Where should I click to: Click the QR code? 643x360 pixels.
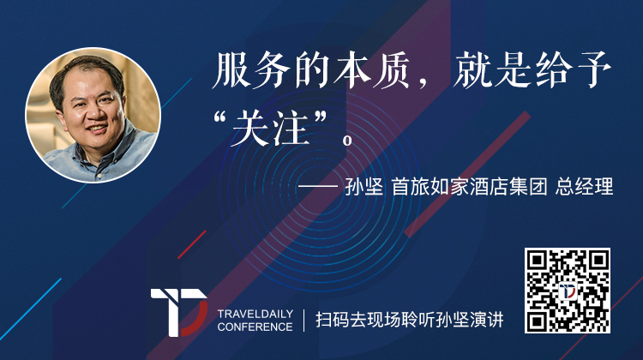coord(568,291)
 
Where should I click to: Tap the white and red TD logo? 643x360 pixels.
coord(179,312)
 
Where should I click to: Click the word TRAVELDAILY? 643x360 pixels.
coord(255,314)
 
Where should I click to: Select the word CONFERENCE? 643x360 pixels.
coord(255,327)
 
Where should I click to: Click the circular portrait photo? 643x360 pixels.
coord(93,115)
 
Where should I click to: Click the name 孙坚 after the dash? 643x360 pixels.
coord(364,187)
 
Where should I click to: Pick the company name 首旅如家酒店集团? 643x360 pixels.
coord(469,187)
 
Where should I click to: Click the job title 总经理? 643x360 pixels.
coord(585,187)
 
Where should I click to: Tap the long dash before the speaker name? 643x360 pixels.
coord(318,187)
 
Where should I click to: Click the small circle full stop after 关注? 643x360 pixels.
coord(347,141)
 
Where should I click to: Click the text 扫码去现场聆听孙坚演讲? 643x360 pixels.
coord(409,320)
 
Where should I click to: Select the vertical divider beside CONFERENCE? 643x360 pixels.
coord(303,321)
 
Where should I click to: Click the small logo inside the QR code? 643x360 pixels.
coord(568,291)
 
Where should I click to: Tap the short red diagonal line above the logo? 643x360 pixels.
coord(191,245)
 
